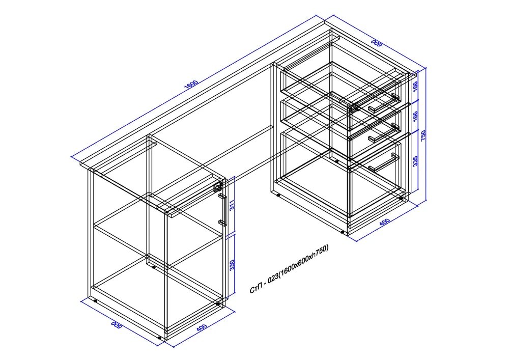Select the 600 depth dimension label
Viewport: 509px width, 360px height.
[377, 43]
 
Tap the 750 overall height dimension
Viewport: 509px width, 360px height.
[423, 135]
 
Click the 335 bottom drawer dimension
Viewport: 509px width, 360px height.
[415, 161]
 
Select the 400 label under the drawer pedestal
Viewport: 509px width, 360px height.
[384, 222]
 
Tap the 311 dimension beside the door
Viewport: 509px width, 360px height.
[232, 205]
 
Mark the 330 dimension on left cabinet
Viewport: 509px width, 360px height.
[232, 265]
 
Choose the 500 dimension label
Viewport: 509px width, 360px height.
[116, 325]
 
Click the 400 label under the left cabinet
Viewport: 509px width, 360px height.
[201, 327]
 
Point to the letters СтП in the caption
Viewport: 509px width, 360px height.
[256, 289]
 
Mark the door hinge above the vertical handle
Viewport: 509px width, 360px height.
[217, 187]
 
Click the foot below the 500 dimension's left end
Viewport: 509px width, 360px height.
[95, 300]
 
